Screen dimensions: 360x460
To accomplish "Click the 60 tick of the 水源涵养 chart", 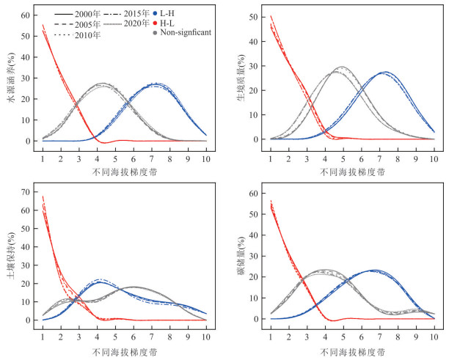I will click(26, 15).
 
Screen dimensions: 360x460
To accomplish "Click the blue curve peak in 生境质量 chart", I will click(385, 72).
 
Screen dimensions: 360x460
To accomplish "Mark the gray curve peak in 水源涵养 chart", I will click(103, 84).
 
